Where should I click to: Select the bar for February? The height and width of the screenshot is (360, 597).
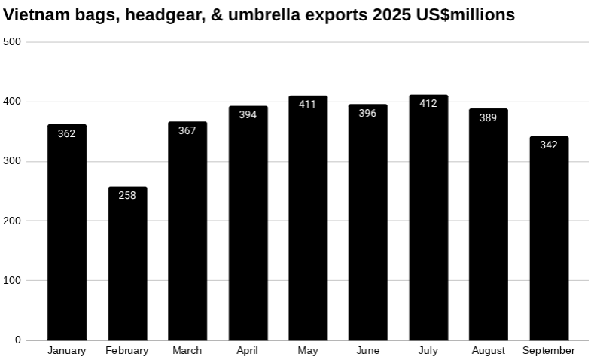(x=127, y=264)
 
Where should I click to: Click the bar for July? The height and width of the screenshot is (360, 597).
(x=428, y=218)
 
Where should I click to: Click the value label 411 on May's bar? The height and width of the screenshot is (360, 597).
(x=307, y=104)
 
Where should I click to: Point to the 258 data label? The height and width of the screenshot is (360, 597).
(x=127, y=195)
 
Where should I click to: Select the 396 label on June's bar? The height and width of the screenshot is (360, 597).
(x=367, y=113)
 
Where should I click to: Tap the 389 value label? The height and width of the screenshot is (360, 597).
(x=488, y=117)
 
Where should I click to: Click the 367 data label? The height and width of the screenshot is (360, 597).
(x=187, y=130)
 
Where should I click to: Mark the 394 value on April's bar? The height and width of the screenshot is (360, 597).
(x=248, y=114)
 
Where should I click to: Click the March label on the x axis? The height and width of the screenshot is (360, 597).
(x=187, y=350)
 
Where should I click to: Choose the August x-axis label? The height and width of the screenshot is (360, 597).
(x=488, y=350)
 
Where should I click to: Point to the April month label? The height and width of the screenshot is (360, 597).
(x=248, y=350)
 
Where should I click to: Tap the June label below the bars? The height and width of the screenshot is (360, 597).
(x=367, y=350)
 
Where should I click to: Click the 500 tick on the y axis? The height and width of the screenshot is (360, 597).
(x=13, y=41)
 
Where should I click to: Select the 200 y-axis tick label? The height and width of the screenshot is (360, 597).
(x=13, y=221)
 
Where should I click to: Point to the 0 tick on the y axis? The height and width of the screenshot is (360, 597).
(x=18, y=340)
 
